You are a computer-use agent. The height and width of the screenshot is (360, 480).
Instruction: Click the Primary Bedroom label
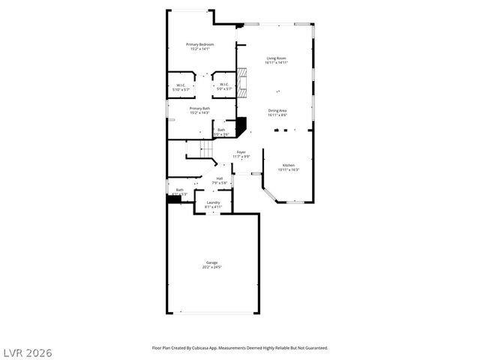(x=200, y=44)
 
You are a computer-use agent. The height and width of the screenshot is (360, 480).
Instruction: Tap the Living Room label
(x=276, y=58)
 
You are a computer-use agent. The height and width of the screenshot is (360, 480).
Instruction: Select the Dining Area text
(x=277, y=110)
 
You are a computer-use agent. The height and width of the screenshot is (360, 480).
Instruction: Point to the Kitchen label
(x=289, y=165)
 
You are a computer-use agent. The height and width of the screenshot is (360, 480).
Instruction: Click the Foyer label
(x=241, y=152)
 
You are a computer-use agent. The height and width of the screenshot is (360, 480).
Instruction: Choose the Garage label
(x=212, y=262)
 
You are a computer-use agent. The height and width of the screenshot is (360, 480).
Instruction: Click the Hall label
(x=220, y=178)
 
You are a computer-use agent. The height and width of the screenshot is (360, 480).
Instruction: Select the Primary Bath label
(x=199, y=109)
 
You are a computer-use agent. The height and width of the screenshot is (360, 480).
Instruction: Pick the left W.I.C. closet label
(x=181, y=85)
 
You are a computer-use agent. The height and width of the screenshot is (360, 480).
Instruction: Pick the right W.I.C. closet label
(x=224, y=85)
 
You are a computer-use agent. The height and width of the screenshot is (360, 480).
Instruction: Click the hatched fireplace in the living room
(x=241, y=79)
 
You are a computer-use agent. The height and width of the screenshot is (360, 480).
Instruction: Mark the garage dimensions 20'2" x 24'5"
(x=212, y=267)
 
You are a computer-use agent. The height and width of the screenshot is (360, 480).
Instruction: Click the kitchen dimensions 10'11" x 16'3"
(x=289, y=169)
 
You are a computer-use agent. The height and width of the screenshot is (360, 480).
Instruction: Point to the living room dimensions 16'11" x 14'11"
(x=276, y=63)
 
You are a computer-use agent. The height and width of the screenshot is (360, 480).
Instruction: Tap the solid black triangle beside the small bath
(x=241, y=125)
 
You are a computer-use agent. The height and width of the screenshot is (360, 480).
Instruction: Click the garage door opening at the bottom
(x=212, y=312)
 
